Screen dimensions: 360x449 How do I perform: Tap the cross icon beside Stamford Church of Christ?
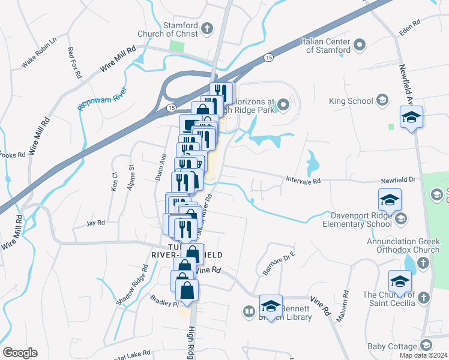tap(207, 28)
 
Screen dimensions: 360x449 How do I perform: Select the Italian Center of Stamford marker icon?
tap(360, 45)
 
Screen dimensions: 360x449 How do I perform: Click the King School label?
tap(351, 101)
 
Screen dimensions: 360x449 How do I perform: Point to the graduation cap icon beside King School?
tap(382, 101)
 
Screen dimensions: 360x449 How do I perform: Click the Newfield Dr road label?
tap(399, 179)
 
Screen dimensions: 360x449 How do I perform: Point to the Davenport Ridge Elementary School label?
tap(361, 219)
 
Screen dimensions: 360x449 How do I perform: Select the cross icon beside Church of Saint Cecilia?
tap(423, 298)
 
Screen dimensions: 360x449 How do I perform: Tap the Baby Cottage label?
tap(393, 346)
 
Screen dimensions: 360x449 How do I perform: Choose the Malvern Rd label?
tap(342, 306)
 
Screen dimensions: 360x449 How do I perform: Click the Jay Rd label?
tap(95, 223)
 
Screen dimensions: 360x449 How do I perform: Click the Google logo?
tap(20, 353)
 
